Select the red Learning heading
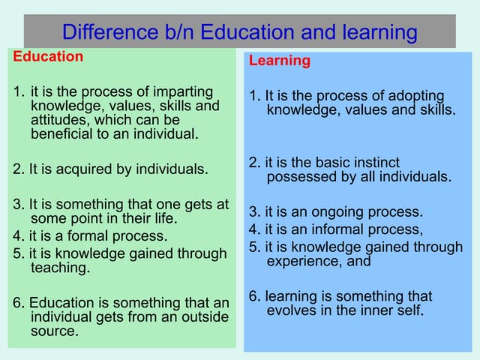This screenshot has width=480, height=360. [279, 61]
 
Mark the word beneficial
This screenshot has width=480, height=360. [64, 134]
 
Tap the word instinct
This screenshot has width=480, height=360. [374, 163]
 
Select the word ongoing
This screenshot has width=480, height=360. [321, 212]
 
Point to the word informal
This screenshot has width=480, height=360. [327, 230]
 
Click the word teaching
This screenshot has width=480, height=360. [60, 268]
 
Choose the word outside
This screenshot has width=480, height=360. [202, 317]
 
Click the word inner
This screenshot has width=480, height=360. [361, 310]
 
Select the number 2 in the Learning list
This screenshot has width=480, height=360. [253, 163]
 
